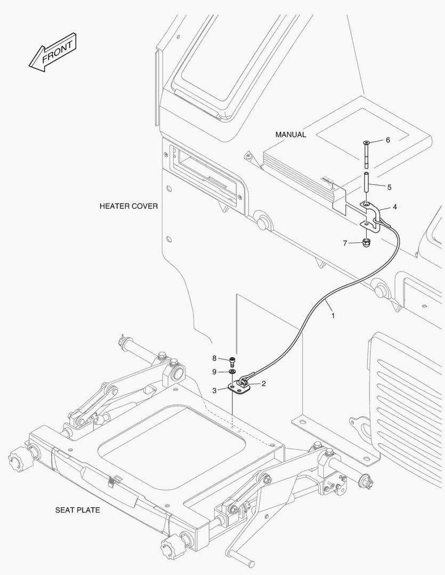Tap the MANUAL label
[x=290, y=135]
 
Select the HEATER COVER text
[x=128, y=206]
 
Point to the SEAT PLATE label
[x=77, y=510]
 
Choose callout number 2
[x=263, y=383]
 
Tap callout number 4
[x=394, y=207]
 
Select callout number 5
[x=389, y=187]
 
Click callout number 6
[x=387, y=140]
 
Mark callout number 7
[x=345, y=243]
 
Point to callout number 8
[x=214, y=358]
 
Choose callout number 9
[x=214, y=371]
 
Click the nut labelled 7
[x=366, y=243]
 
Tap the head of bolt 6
[x=366, y=143]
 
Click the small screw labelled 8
[x=233, y=362]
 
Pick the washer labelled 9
[x=233, y=371]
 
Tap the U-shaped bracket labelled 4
[x=373, y=216]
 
